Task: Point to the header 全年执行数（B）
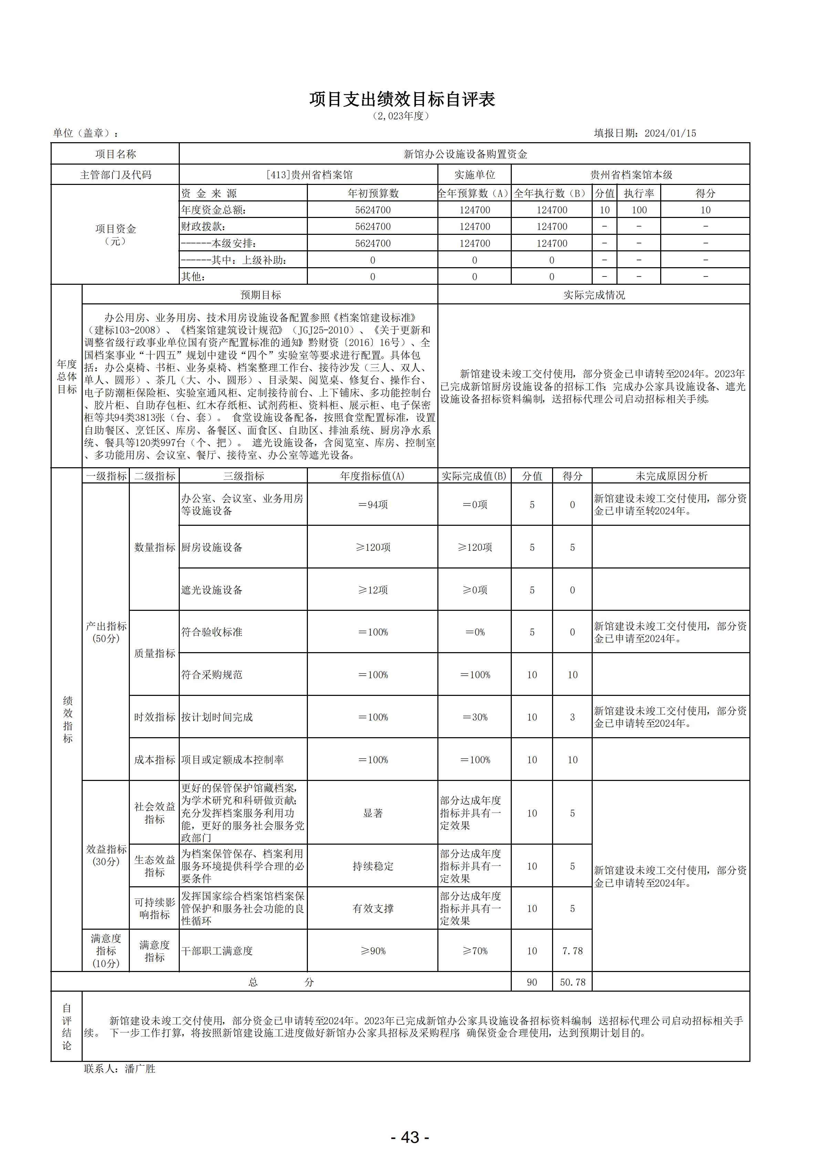(551, 193)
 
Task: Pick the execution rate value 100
(639, 210)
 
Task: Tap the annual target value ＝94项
(373, 505)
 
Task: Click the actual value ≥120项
(475, 547)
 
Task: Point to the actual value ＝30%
(475, 717)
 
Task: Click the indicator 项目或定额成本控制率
(232, 760)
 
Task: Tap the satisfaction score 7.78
(572, 951)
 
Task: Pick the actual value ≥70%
(475, 951)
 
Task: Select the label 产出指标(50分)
(106, 632)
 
